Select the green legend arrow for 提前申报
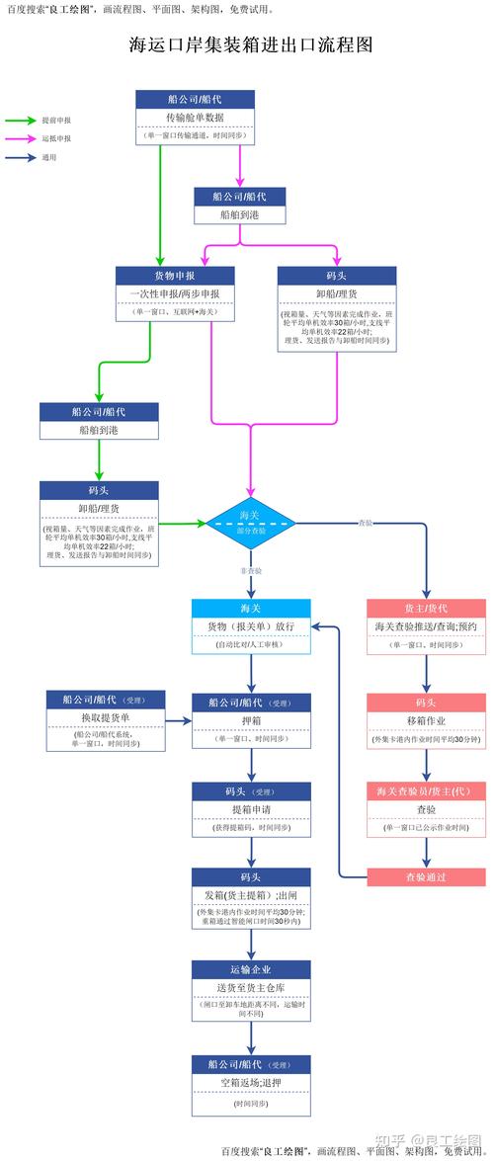pyautogui.click(x=21, y=120)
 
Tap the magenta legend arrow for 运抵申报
pyautogui.click(x=21, y=138)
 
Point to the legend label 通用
pyautogui.click(x=48, y=157)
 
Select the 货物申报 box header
pyautogui.click(x=175, y=276)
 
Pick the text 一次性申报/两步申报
pyautogui.click(x=175, y=293)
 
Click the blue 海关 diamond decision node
pyautogui.click(x=250, y=521)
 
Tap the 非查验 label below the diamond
pyautogui.click(x=250, y=571)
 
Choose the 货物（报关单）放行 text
pyautogui.click(x=250, y=626)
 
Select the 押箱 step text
pyautogui.click(x=251, y=721)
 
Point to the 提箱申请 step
pyautogui.click(x=251, y=809)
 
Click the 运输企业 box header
pyautogui.click(x=251, y=969)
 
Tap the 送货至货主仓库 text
pyautogui.click(x=251, y=987)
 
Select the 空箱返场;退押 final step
pyautogui.click(x=251, y=1083)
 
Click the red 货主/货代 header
pyautogui.click(x=426, y=609)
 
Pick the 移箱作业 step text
pyautogui.click(x=426, y=721)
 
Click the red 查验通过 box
pyautogui.click(x=426, y=876)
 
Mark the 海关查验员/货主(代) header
pyautogui.click(x=426, y=791)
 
